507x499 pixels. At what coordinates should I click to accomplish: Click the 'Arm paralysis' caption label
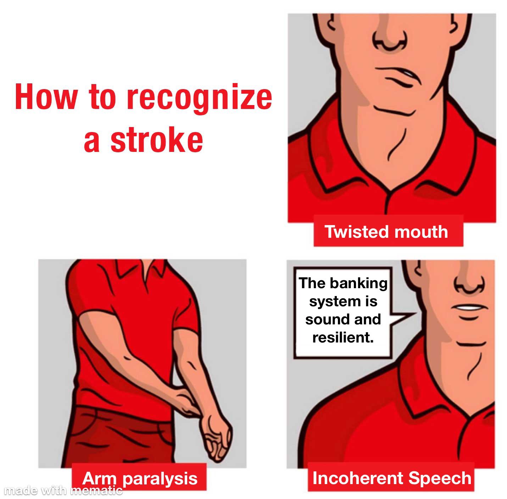[139, 478]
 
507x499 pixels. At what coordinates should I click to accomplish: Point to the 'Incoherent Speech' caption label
[391, 478]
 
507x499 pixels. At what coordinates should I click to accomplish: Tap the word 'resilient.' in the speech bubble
[343, 338]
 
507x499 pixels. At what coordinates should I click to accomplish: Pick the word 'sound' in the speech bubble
[324, 319]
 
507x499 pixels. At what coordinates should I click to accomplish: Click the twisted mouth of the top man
[398, 76]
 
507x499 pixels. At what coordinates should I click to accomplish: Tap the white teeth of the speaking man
[469, 307]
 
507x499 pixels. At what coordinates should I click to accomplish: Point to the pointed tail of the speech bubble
[415, 313]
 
